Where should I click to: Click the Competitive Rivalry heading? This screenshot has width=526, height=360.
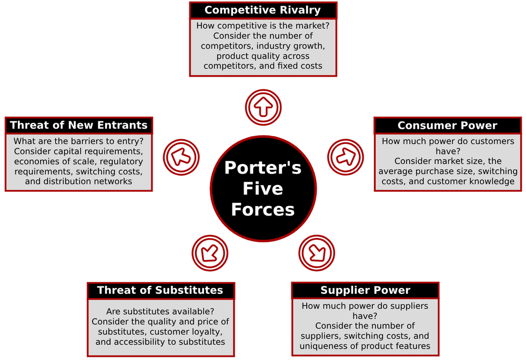[262, 10]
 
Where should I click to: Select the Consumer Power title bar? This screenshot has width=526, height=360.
[447, 125]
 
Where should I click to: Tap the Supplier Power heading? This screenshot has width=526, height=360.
[365, 290]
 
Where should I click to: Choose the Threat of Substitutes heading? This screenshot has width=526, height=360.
[160, 290]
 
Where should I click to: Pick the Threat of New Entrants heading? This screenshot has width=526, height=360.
[78, 125]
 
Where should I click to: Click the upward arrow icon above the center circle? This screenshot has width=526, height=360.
[263, 107]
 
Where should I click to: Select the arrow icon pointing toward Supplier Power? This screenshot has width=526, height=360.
[317, 253]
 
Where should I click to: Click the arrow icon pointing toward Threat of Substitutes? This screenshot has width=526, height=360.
[209, 253]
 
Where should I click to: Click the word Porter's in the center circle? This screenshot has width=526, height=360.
[262, 168]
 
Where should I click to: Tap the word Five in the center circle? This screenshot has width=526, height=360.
[262, 188]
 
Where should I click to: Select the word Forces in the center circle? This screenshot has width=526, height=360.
[262, 209]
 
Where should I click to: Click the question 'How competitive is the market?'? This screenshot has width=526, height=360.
[262, 26]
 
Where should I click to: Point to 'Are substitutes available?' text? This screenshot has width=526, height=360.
[160, 311]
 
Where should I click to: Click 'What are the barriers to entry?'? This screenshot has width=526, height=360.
[78, 141]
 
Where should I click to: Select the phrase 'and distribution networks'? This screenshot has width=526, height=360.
[78, 182]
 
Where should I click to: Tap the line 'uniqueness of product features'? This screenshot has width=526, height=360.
[365, 346]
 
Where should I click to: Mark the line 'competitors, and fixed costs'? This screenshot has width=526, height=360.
[262, 66]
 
